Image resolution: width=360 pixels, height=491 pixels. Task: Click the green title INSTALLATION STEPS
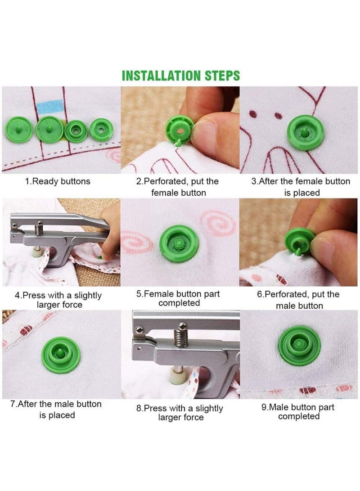click(x=181, y=75)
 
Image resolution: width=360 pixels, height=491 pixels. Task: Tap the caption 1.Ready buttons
click(x=57, y=181)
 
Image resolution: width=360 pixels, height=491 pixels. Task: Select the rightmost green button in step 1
click(x=100, y=130)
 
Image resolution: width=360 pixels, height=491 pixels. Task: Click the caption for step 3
click(x=300, y=187)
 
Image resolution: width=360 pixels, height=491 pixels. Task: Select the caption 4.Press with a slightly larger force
click(x=58, y=300)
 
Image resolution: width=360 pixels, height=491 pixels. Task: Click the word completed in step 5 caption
click(x=179, y=303)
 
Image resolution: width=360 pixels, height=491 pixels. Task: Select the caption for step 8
click(x=180, y=413)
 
